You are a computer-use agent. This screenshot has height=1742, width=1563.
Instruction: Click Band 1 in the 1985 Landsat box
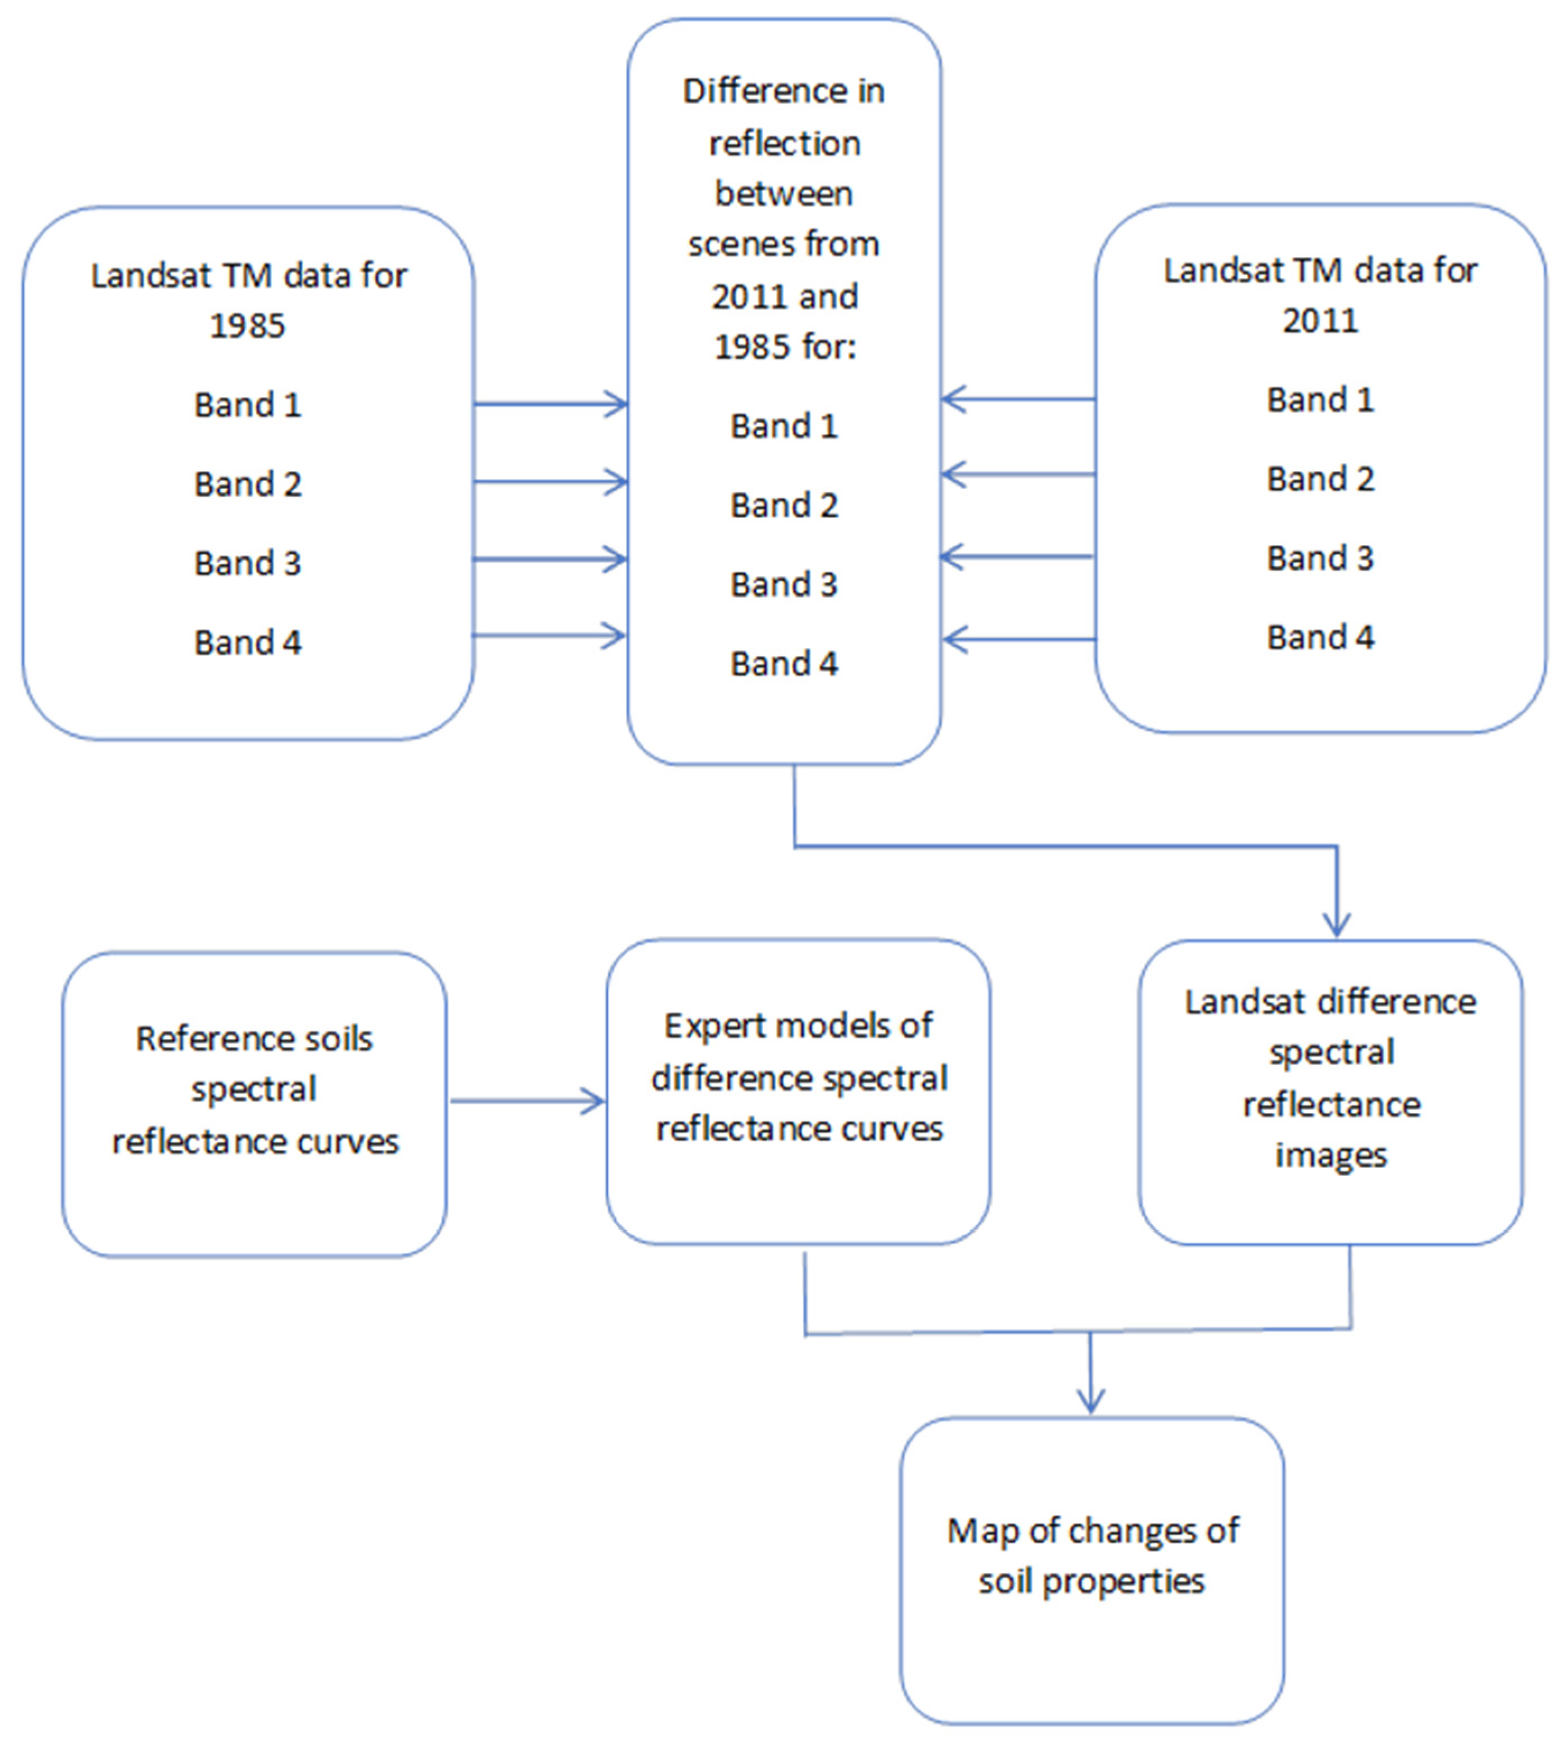click(x=247, y=405)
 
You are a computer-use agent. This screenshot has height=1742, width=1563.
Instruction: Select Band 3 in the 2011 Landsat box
click(x=1320, y=557)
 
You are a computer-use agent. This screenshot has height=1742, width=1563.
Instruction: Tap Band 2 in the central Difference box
click(x=783, y=505)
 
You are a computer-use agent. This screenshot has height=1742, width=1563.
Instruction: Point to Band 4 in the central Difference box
click(x=783, y=663)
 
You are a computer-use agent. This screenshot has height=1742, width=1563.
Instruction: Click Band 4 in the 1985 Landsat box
click(x=247, y=643)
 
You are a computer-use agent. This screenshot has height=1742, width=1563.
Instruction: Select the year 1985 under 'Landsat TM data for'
click(x=247, y=326)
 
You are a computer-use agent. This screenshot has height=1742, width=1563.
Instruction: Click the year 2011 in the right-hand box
click(x=1320, y=320)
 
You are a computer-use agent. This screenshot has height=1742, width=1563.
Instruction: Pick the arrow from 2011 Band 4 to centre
click(x=1018, y=639)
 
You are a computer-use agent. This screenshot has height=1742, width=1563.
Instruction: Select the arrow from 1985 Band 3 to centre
click(x=550, y=559)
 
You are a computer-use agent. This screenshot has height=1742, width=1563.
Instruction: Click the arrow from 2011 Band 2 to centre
click(x=1018, y=473)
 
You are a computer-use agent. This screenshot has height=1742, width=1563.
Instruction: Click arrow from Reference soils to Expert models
click(x=527, y=1101)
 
